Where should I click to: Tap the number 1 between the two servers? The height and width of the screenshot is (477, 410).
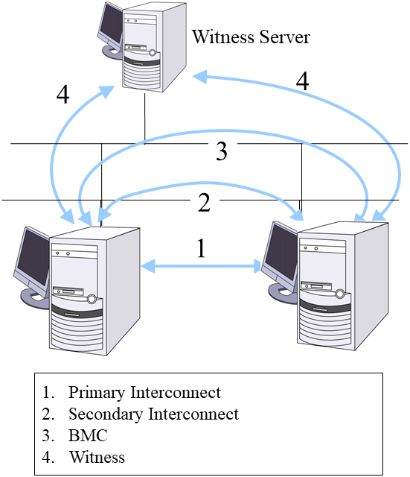200,248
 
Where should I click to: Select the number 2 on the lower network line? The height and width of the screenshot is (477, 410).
205,202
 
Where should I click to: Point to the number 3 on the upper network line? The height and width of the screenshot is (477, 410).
221,151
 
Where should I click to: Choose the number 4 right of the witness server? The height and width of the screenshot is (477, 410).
302,82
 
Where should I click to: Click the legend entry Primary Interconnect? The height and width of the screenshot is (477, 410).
144,392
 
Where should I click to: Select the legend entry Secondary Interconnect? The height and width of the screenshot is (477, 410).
153,414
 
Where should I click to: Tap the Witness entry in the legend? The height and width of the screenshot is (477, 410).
97,457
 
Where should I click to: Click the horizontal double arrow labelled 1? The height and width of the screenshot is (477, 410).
200,265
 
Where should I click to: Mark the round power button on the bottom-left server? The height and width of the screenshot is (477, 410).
92,300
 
